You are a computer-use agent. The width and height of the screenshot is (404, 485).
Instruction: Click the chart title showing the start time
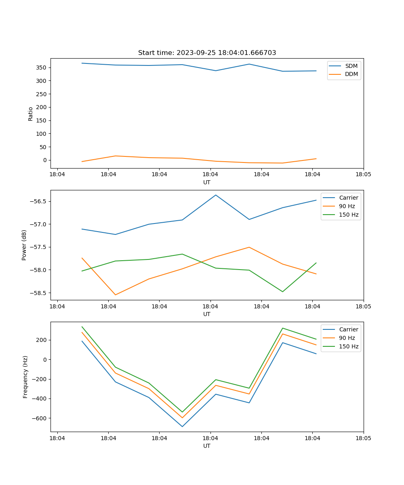[x=207, y=53]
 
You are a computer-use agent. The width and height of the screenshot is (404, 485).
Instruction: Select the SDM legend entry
[x=351, y=66]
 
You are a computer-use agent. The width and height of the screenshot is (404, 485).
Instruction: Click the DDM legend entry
[x=351, y=74]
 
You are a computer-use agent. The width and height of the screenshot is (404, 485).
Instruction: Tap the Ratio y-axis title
[x=31, y=114]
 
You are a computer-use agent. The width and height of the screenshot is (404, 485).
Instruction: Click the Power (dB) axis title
[x=24, y=245]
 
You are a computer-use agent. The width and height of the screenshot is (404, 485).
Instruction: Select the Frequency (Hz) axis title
[x=25, y=377]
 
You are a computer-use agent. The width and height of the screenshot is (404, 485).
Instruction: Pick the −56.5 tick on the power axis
[x=39, y=202]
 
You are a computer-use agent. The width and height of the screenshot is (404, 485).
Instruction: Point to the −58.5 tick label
[x=39, y=293]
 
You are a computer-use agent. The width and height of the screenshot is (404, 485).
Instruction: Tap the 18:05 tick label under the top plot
[x=363, y=175]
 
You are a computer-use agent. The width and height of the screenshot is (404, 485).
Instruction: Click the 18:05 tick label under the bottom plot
[x=363, y=438]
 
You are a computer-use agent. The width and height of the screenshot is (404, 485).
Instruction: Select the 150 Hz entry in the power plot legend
[x=349, y=215]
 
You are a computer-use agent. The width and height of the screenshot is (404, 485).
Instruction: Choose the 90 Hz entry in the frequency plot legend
[x=347, y=338]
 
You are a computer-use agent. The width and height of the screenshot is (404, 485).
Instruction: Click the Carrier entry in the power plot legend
[x=348, y=198]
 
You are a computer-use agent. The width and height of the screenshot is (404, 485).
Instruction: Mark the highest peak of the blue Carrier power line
[x=216, y=195]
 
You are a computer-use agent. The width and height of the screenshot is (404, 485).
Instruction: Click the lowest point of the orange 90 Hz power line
[x=116, y=295]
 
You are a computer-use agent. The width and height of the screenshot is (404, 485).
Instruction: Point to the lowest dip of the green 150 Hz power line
[x=282, y=291]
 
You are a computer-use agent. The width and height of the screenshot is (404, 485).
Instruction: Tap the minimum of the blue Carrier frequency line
[x=182, y=426]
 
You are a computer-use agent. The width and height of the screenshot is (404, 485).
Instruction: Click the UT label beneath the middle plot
[x=207, y=314]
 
